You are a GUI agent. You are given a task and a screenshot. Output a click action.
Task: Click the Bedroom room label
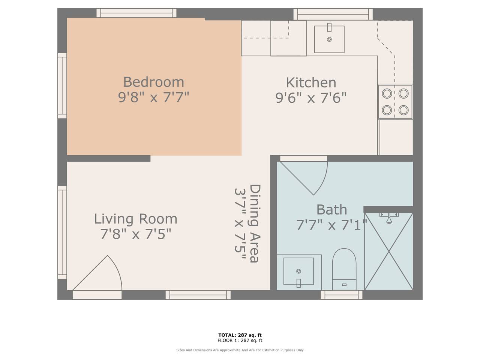[x=153, y=82]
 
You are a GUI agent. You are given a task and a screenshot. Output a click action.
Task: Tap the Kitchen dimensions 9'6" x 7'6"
[x=311, y=98]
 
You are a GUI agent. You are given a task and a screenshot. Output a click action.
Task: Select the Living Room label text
[x=136, y=219]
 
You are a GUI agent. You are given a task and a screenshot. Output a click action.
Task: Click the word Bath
[x=332, y=210]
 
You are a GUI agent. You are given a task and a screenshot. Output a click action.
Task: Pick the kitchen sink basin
[x=329, y=39]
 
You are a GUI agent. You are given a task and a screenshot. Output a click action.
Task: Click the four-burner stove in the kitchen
[x=395, y=102]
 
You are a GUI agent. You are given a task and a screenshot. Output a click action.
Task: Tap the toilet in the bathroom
[x=344, y=269]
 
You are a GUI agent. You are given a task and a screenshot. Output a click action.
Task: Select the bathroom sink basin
[x=298, y=271]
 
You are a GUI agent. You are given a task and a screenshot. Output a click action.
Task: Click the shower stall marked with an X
[x=389, y=252]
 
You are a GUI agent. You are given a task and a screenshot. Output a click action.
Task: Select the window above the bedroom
[x=136, y=13]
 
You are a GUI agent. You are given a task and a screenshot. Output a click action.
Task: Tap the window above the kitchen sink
[x=333, y=14]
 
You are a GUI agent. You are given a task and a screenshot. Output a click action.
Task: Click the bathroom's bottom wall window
[x=342, y=295]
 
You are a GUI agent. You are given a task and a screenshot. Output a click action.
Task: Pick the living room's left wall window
[x=62, y=232]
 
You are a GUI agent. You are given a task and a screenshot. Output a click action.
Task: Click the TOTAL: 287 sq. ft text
[x=240, y=335]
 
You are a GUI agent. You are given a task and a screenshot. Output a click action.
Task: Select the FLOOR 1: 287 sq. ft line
[x=240, y=340]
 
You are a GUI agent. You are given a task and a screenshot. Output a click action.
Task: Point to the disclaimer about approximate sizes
[x=240, y=350]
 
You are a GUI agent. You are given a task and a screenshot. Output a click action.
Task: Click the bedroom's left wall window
[x=62, y=85]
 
